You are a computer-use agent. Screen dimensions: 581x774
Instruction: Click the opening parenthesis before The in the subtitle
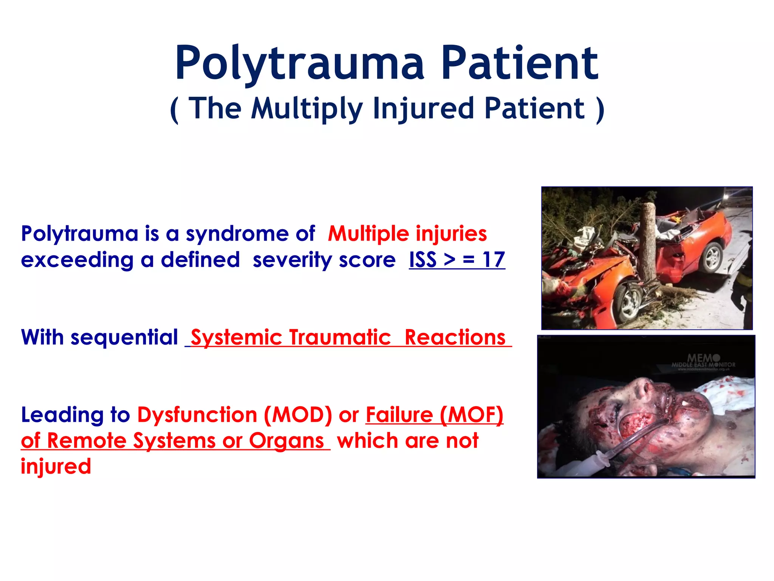coord(174,110)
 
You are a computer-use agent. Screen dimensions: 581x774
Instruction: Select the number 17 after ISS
coord(493,260)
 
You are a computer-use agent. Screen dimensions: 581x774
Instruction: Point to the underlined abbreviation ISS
coord(423,260)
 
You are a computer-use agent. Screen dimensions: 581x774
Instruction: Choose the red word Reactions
coord(455,337)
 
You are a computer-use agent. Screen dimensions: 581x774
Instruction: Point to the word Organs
coord(286,441)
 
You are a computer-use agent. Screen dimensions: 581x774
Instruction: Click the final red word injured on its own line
coord(56,466)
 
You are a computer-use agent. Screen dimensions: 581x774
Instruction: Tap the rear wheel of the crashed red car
coord(712,257)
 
